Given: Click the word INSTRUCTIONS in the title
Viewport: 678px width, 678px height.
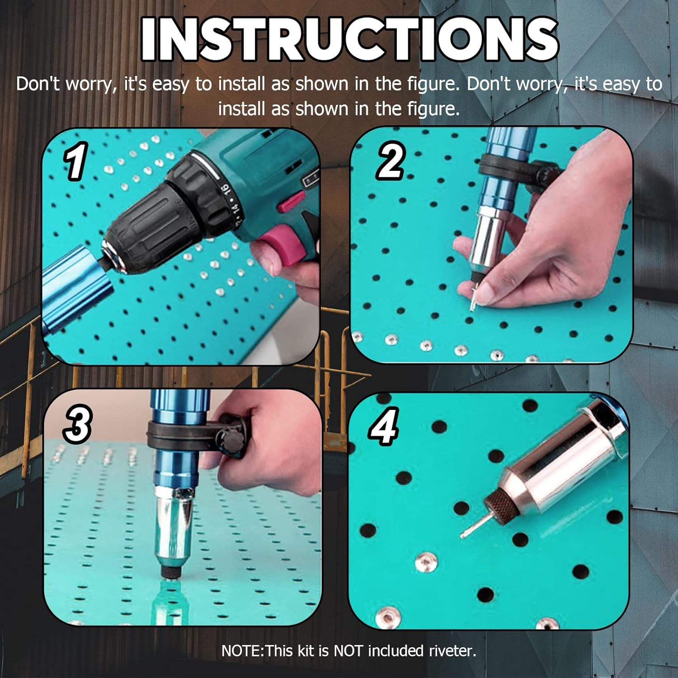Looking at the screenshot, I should coord(349,39).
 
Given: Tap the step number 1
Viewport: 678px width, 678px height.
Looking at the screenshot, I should coord(75,161).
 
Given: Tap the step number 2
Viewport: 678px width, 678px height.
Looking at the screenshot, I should coord(390,161).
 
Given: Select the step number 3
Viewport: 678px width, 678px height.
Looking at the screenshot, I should coord(78,424).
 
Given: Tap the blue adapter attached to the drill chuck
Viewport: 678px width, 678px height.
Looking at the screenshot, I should coord(72,289).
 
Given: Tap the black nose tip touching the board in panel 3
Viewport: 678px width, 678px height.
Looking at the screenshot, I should coord(170,572).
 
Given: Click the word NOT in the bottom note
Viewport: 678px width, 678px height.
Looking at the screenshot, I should coord(348,651).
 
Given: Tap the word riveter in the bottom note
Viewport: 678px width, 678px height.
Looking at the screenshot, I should coord(452,651).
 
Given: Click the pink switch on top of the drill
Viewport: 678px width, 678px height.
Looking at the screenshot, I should coord(290,201).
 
